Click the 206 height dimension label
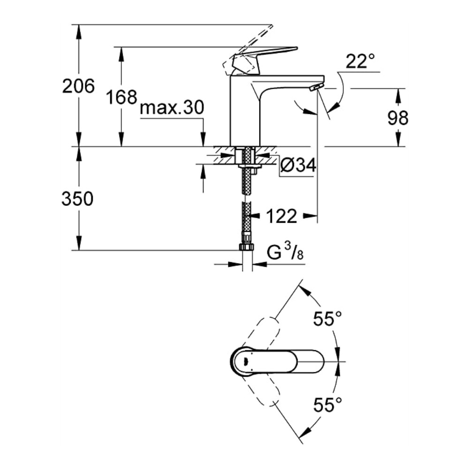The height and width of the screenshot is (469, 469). tap(78, 86)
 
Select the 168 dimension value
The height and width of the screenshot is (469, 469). tap(122, 97)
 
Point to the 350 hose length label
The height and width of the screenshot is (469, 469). tap(77, 199)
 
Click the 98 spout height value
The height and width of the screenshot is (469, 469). tap(398, 118)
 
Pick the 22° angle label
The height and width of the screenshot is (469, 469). tap(360, 61)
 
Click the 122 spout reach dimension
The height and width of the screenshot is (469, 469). tap(281, 216)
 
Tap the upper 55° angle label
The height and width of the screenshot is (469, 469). tap(327, 318)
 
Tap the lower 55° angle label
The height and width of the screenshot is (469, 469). tap(327, 405)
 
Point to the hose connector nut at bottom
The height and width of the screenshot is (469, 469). tap(247, 247)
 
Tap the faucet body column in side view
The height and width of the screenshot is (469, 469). tap(245, 111)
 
